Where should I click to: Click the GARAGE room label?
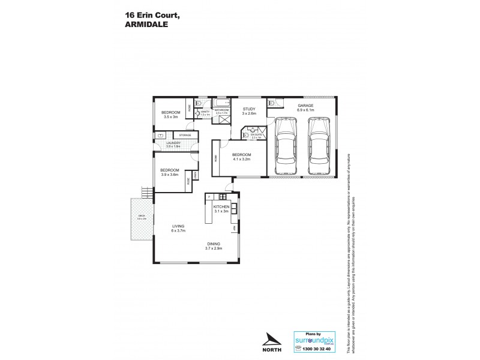pyautogui.click(x=305, y=106)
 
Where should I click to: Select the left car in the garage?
pyautogui.click(x=284, y=146)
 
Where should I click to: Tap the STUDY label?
pyautogui.click(x=248, y=109)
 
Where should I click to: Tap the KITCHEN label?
pyautogui.click(x=221, y=206)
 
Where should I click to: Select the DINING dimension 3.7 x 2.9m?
pyautogui.click(x=214, y=248)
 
